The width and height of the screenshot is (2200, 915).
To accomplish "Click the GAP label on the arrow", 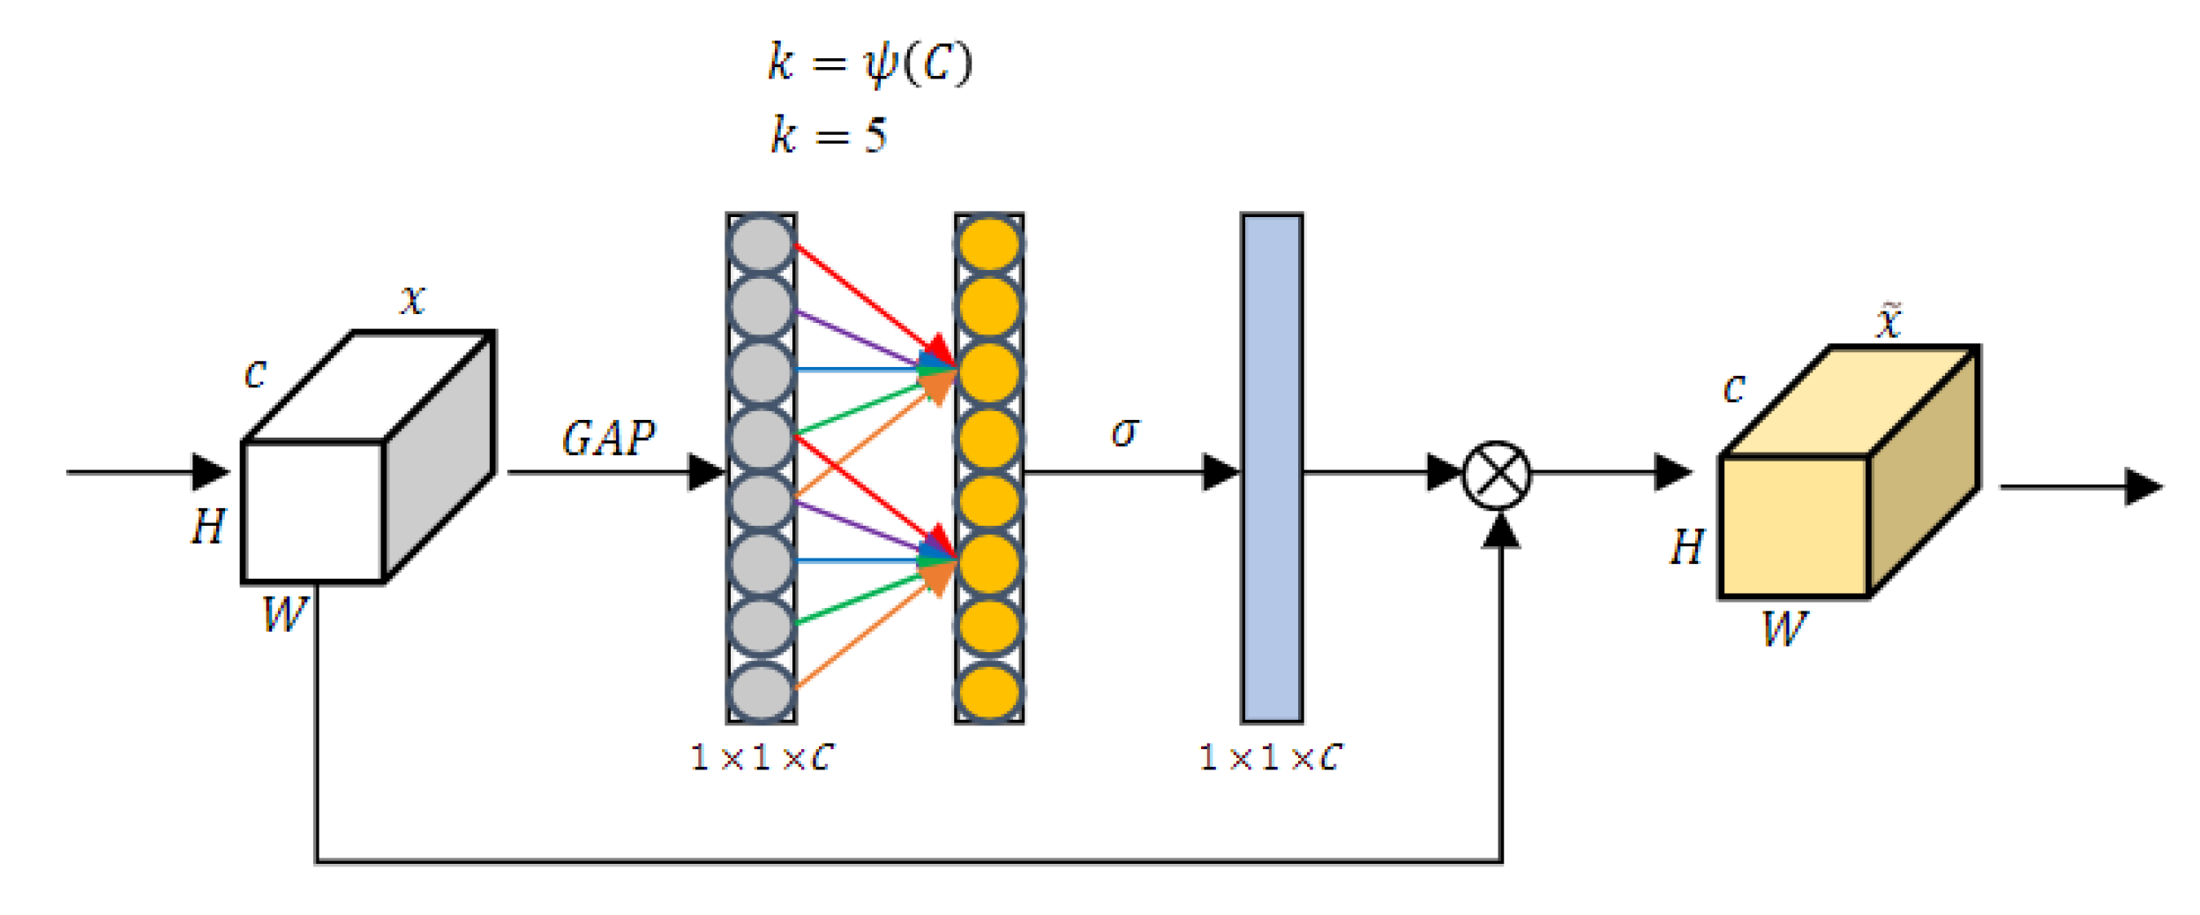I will (x=608, y=438).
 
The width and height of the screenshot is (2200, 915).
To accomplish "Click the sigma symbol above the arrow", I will (x=1124, y=431).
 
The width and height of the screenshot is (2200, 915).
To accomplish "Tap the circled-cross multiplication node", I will (x=1497, y=475).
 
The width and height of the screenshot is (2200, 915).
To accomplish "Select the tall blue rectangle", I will (x=1272, y=468).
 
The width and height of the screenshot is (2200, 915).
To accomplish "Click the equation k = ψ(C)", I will (x=869, y=64).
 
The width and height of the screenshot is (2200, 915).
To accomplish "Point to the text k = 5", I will (x=828, y=136).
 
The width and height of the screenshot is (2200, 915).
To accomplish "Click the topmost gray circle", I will (x=761, y=244).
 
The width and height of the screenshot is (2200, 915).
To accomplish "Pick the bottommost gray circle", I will (x=761, y=692).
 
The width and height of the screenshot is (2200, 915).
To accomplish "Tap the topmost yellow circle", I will (x=988, y=244).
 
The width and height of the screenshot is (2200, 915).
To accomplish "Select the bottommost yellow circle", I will (x=988, y=692).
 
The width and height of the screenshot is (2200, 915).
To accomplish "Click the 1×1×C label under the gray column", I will (x=761, y=757).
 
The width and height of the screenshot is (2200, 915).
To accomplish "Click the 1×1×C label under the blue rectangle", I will (x=1269, y=757).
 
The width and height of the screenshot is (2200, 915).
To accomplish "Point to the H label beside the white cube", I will (x=209, y=527).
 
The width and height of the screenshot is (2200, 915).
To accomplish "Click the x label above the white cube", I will (x=412, y=300).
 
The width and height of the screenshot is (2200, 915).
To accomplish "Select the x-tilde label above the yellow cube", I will (x=1888, y=321).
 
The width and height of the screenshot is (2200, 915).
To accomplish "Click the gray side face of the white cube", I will (x=439, y=459).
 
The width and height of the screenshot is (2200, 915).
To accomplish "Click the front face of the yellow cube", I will (x=1794, y=527).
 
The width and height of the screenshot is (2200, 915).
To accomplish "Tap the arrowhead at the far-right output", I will (x=2143, y=486).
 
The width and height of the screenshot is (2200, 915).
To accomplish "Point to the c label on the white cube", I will (x=255, y=374).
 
